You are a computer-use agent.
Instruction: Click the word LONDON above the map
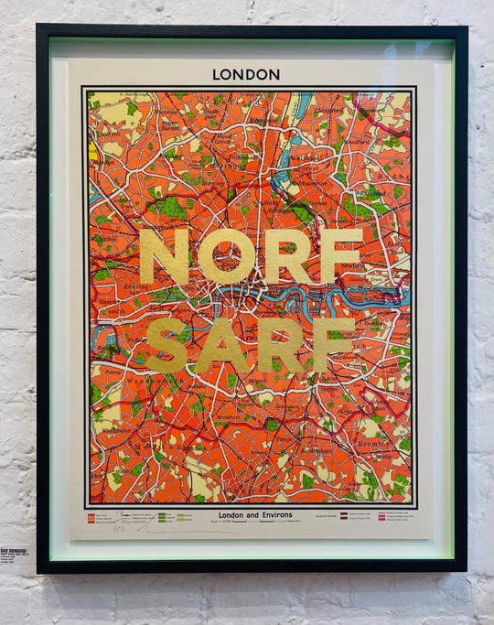[x=246, y=74]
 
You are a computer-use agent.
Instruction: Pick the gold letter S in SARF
[x=166, y=344]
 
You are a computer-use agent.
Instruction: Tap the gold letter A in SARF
[x=220, y=344]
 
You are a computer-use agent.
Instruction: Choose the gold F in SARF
[x=333, y=344]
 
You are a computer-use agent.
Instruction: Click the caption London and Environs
[x=255, y=515]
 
